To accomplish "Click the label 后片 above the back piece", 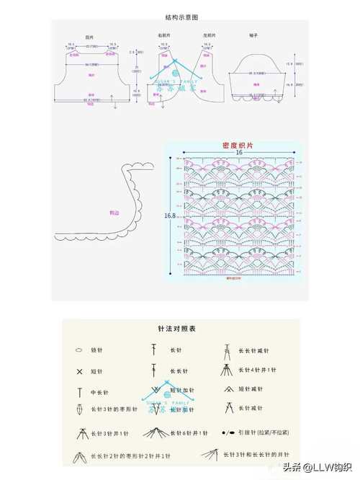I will pyautogui.click(x=89, y=37).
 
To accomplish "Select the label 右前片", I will pyautogui.click(x=164, y=35).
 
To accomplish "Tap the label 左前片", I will pyautogui.click(x=210, y=35).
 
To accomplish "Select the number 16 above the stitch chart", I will pyautogui.click(x=238, y=153).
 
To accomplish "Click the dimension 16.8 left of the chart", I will pyautogui.click(x=170, y=215).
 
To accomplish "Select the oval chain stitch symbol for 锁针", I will pyautogui.click(x=78, y=350).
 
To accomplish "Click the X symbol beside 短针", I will pyautogui.click(x=79, y=372).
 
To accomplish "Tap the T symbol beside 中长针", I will pyautogui.click(x=79, y=393).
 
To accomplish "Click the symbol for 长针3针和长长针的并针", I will pyautogui.click(x=210, y=455).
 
